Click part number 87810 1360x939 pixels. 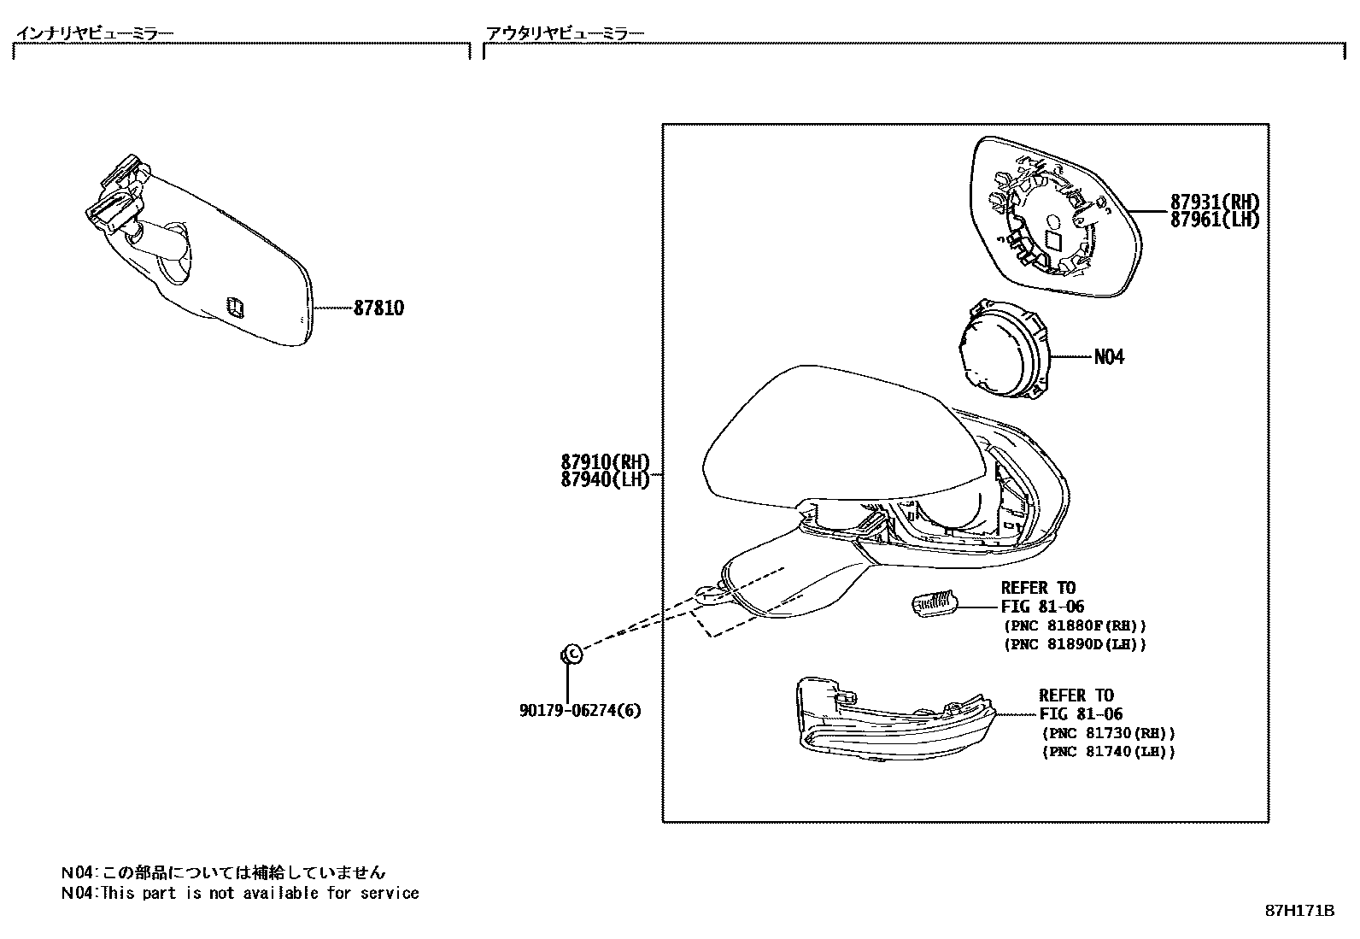(378, 308)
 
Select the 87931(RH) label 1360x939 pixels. (1215, 202)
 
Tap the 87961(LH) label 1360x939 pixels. (1215, 220)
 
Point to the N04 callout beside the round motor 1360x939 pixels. (1109, 356)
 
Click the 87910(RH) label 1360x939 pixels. (606, 461)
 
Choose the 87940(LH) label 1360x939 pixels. (606, 479)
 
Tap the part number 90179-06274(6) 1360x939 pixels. (580, 710)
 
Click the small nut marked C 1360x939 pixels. (572, 654)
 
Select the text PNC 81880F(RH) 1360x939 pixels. (1076, 625)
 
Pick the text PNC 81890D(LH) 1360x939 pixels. (1076, 644)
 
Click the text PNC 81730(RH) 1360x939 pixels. (1109, 733)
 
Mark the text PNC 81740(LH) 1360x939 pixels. (1109, 751)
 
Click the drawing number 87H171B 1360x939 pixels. (1300, 911)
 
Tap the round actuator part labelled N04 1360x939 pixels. (1004, 349)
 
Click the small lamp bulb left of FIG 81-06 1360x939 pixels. (935, 604)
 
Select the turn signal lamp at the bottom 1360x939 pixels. (895, 719)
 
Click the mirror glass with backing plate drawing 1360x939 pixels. (1055, 217)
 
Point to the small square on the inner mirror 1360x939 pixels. (235, 308)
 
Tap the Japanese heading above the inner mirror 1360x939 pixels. (95, 32)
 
